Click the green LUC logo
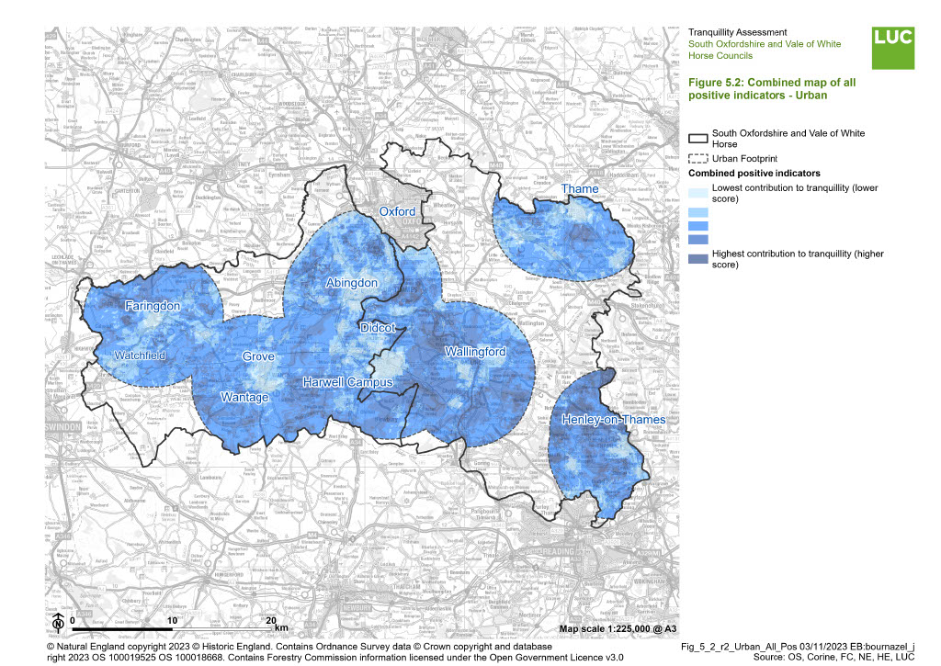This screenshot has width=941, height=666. tap(893, 47)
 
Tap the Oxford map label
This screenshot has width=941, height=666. tap(398, 212)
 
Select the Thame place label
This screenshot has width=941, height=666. tap(579, 189)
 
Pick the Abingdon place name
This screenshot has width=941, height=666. tap(352, 284)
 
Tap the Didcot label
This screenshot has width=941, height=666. tap(378, 328)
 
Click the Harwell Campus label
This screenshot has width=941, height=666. tap(348, 382)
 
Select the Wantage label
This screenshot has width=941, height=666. tap(245, 398)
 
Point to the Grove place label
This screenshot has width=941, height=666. tap(258, 356)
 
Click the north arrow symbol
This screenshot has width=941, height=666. tap(57, 622)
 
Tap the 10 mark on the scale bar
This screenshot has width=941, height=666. tap(171, 621)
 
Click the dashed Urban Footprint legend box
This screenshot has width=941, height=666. tap(697, 158)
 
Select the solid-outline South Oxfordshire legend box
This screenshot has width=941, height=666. tap(697, 138)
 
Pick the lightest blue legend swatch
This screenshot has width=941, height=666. tap(697, 192)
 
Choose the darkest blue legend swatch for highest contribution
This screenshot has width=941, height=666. tap(697, 258)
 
